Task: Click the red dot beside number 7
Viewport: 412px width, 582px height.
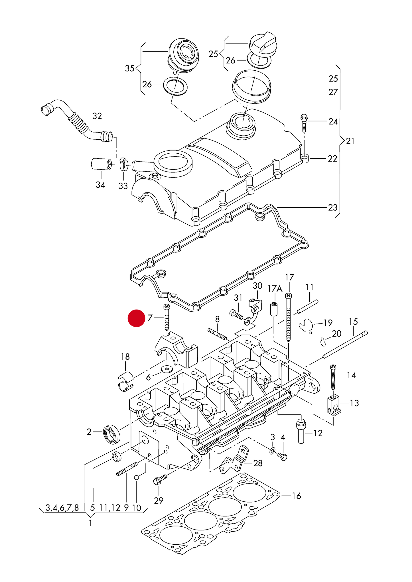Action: pos(136,318)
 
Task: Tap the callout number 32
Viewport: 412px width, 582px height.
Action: pos(97,116)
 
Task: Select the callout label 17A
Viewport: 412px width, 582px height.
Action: pos(275,289)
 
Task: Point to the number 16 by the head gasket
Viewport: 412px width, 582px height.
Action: pos(296,496)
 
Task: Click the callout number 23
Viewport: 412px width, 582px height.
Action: pos(333,207)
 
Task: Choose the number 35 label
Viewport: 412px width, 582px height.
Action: pos(130,68)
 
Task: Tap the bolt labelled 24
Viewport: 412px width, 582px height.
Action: pos(304,123)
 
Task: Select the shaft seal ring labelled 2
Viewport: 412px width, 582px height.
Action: pos(111,434)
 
